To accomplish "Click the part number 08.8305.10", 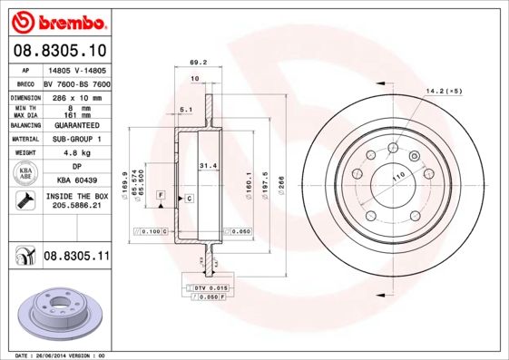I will [59, 51].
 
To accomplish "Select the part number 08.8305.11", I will [76, 258].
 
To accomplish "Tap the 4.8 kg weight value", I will [75, 153].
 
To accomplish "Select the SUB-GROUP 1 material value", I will [76, 139].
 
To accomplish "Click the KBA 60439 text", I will [76, 181].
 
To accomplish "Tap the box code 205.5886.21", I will [76, 206].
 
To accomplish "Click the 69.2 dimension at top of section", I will [195, 63].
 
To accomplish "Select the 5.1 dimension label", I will [186, 110].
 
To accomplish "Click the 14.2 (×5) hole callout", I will [445, 92].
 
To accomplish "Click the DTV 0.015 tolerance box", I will [210, 287].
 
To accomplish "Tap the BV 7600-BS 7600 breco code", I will [76, 82].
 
